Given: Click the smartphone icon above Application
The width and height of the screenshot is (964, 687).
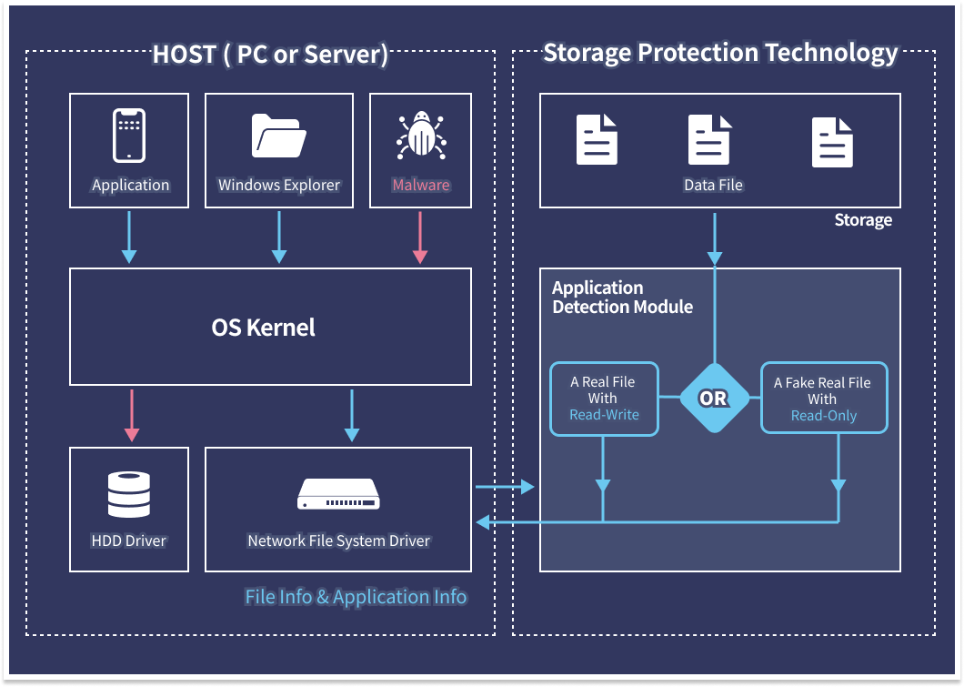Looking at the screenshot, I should pos(129,135).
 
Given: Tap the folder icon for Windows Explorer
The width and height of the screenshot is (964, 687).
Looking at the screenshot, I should pos(278,136).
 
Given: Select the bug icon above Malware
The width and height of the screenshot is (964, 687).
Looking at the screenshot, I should pos(420,136).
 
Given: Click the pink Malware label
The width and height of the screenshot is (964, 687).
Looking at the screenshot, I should pos(420,185).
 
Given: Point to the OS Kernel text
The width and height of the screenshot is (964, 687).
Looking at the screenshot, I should pos(263,328).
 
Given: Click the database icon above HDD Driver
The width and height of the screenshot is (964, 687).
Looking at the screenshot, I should pos(129,493).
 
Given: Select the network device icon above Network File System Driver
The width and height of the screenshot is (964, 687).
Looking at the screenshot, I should pos(338,494).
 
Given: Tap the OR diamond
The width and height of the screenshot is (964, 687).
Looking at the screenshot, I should pos(714,399).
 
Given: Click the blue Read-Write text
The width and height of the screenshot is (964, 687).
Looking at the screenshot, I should pos(604,415).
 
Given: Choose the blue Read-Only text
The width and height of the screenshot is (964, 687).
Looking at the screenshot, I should pos(823,416).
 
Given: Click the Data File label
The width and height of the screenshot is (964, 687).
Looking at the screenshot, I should pos(713,185).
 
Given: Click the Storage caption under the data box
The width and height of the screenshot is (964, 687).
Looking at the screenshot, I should pos(862,220).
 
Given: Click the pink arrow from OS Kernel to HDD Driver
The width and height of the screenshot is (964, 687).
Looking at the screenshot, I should pos(132,415).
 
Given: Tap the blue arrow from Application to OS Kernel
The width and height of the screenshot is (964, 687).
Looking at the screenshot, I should pos(129,237).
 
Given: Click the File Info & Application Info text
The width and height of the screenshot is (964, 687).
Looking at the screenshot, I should pos(356,597).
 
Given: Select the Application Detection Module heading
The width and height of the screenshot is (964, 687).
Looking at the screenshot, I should pos(622,298).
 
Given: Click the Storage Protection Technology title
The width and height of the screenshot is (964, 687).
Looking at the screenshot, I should pos(720,53).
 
